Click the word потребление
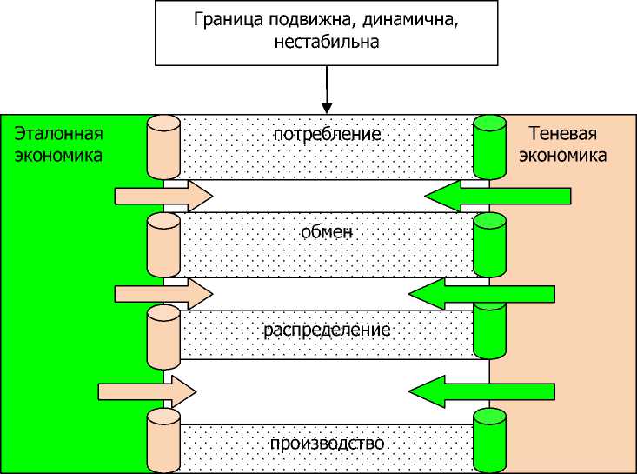pos(327,135)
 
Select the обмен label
pos(327,232)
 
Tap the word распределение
pos(327,330)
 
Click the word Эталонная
pos(57,134)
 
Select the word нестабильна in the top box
pos(327,41)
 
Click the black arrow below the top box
pos(327,90)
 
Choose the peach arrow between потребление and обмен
pos(163,196)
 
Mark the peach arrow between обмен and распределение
pos(163,293)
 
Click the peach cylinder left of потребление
pos(163,148)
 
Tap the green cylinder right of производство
pos(490,439)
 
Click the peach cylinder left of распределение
pos(163,335)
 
